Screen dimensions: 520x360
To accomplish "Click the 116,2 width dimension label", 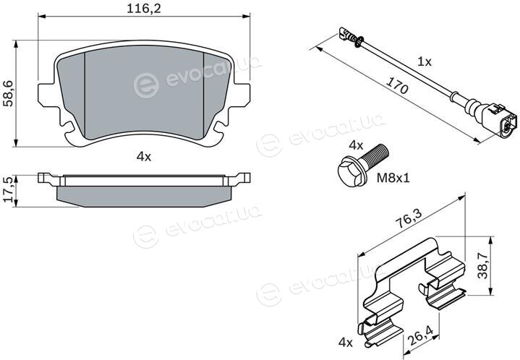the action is [144, 9].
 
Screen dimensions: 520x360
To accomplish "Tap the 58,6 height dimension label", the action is [8, 93].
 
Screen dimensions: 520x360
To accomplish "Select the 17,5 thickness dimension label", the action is [8, 189].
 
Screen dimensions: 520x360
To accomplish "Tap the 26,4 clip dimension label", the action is [419, 335].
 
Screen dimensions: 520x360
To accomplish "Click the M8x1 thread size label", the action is [393, 179].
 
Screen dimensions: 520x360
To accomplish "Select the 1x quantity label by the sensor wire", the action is [424, 61].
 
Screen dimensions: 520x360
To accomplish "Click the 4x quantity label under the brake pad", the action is [144, 157].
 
